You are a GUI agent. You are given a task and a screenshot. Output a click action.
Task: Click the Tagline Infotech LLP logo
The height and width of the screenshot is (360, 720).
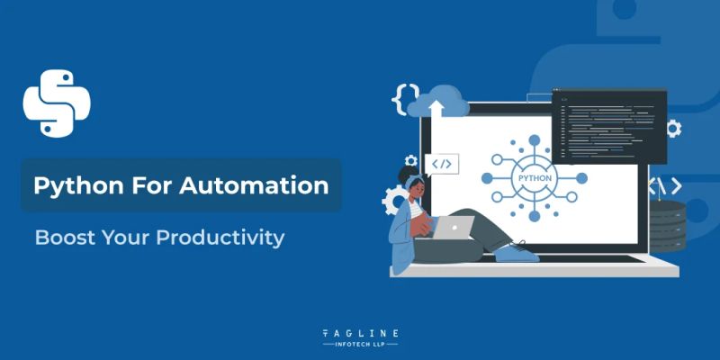tap(360, 337)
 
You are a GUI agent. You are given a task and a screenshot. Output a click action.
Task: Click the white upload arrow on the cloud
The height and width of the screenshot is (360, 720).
tap(438, 109)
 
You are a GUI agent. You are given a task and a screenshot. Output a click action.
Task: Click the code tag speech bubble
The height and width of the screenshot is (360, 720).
tap(442, 164)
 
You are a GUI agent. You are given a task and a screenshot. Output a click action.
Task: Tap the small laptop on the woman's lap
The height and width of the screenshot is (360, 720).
tap(457, 228)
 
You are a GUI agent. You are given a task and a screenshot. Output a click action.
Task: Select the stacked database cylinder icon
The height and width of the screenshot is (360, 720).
tap(670, 225)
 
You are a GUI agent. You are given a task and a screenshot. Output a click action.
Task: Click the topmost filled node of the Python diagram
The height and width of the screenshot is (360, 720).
tap(534, 139)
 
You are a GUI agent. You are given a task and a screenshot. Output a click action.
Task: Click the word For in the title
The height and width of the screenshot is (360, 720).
tap(157, 186)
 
